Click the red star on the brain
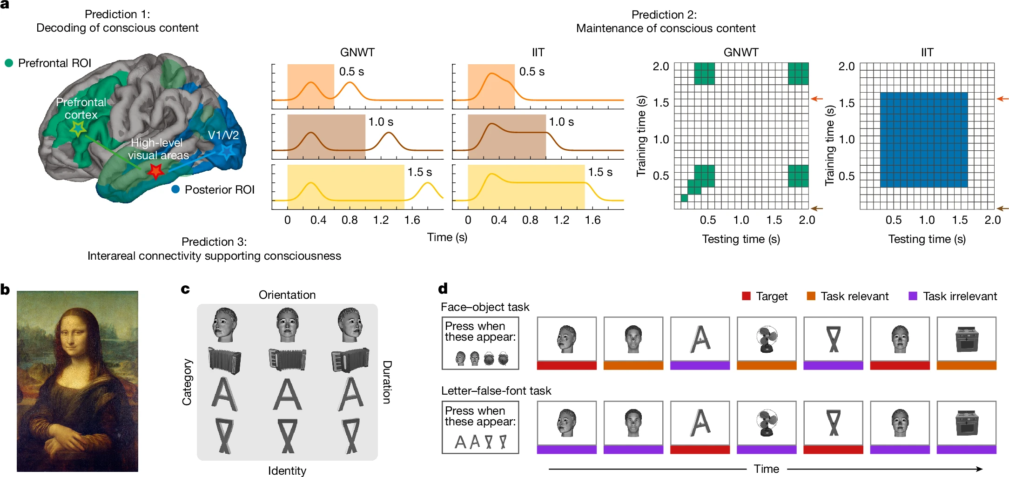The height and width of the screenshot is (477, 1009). coord(155,171)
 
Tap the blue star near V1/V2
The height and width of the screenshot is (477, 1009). coord(227,151)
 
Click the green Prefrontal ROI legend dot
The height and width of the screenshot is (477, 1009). coord(9,63)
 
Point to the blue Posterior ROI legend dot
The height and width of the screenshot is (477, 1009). coord(175,189)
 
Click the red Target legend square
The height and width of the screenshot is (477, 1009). coord(746,296)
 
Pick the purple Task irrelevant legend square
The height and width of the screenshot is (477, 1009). coord(913,296)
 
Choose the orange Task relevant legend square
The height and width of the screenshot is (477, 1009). coord(811,296)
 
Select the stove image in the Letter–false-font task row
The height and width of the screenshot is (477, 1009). coord(966,423)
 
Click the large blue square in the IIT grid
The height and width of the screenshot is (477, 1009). coord(923,140)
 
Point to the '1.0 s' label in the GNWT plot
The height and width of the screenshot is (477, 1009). coord(381,122)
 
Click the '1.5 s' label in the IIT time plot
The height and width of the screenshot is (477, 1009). coord(600,172)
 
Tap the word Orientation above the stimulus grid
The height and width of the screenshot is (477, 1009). coord(287,295)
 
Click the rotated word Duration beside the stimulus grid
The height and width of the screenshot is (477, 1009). coord(387,382)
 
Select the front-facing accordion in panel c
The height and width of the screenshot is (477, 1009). coord(287,360)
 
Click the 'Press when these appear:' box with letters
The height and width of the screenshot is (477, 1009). coord(480,427)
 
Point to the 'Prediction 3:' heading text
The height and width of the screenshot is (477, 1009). coord(214,242)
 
